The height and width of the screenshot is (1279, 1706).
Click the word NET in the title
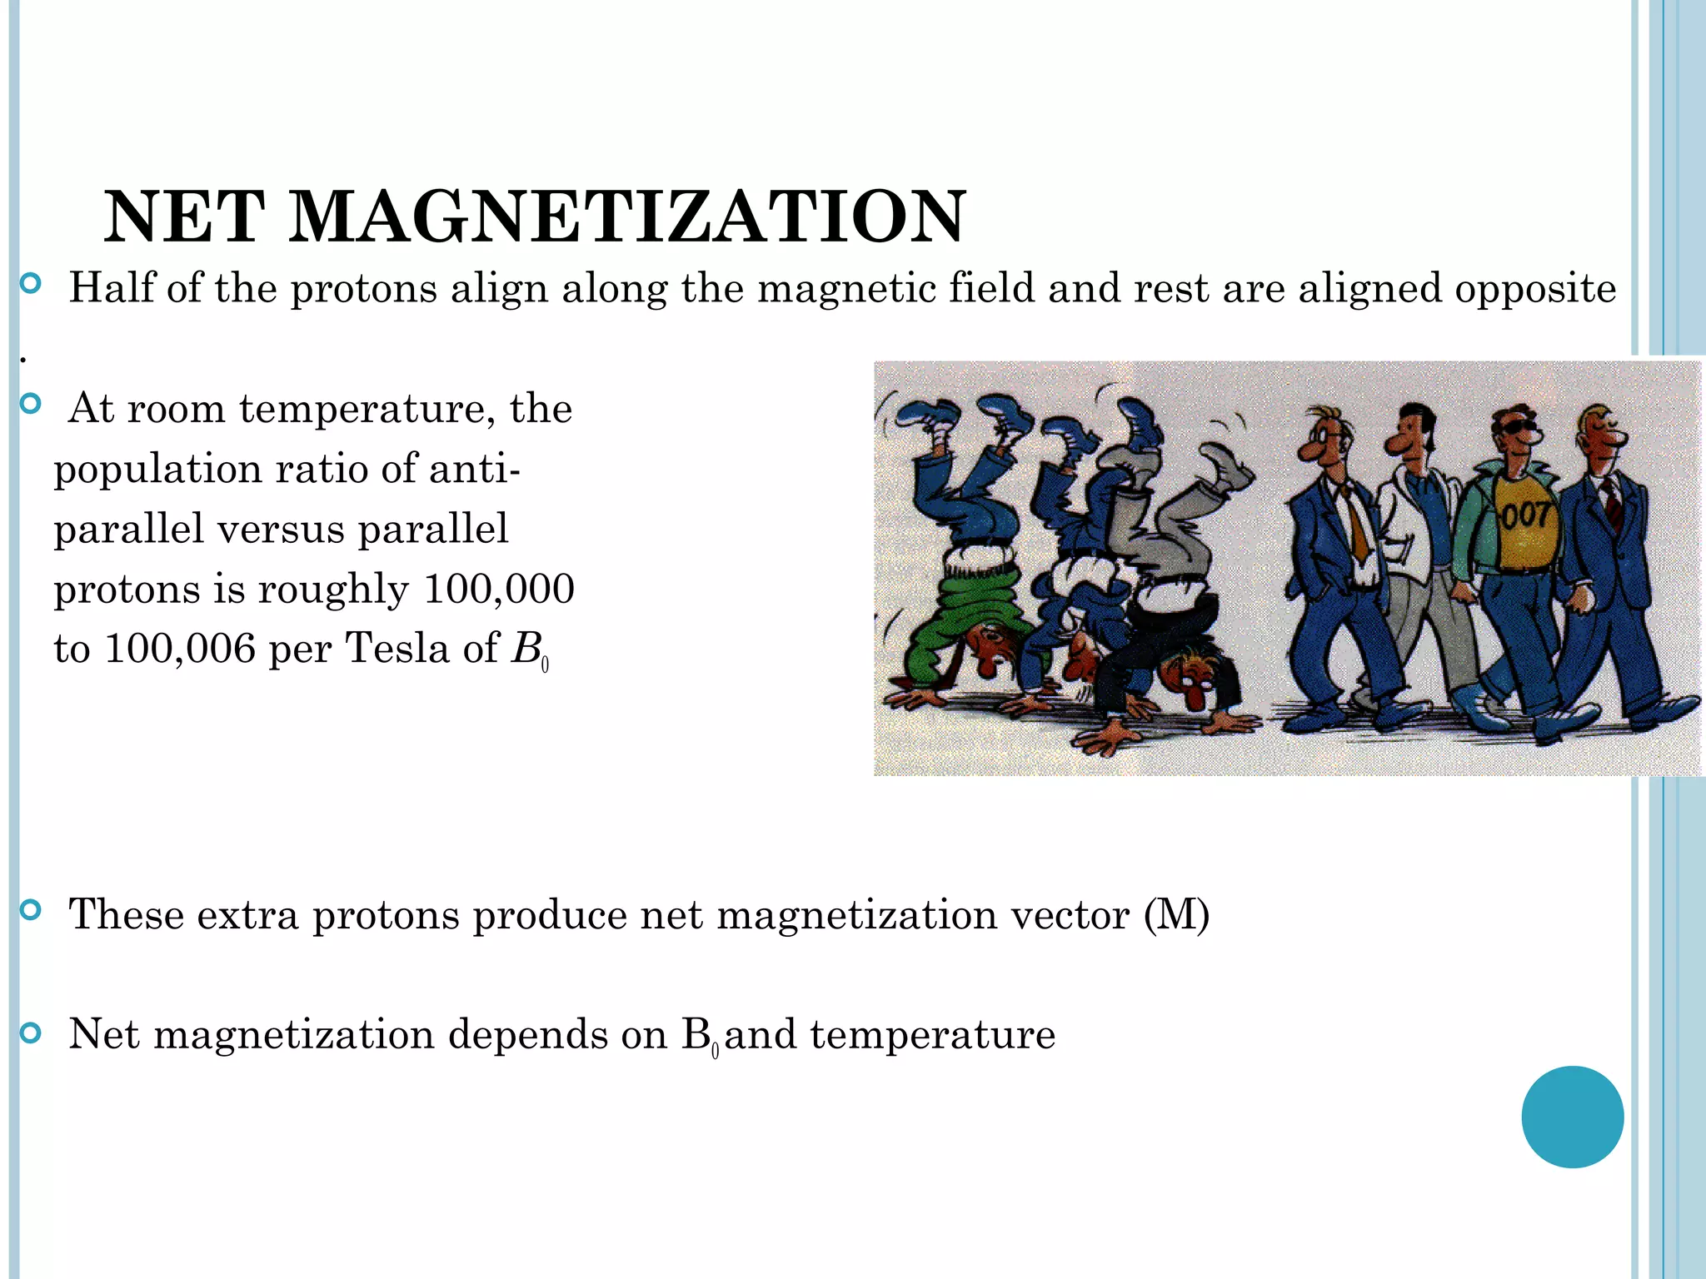pyautogui.click(x=185, y=216)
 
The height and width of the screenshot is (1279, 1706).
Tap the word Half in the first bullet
pyautogui.click(x=112, y=288)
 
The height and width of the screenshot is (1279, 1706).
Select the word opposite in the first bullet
pyautogui.click(x=1535, y=290)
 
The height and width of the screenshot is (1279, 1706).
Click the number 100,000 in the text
pyautogui.click(x=499, y=589)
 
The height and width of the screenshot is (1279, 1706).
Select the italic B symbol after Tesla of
pyautogui.click(x=526, y=649)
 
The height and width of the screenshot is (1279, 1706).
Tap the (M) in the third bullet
pyautogui.click(x=1176, y=914)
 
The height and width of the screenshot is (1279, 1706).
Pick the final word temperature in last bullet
pyautogui.click(x=932, y=1035)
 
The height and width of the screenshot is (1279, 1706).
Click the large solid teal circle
pyautogui.click(x=1572, y=1117)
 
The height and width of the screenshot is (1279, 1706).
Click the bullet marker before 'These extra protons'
pyautogui.click(x=31, y=910)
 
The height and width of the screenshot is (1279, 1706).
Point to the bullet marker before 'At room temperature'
pyautogui.click(x=31, y=405)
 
